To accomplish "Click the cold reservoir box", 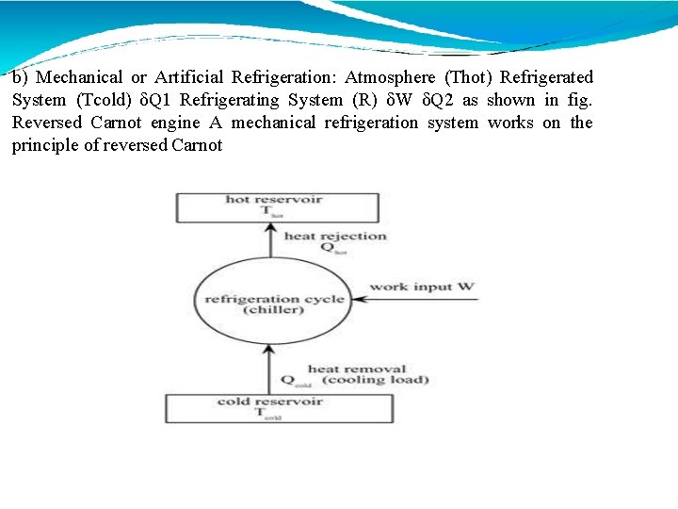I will point(280,407).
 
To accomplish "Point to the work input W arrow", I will point(414,301).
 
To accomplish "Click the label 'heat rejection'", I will point(335,236).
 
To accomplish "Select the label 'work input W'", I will point(422,287).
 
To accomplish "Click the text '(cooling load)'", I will point(375,380).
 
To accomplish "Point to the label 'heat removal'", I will point(357,369).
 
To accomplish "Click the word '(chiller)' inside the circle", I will point(273,310).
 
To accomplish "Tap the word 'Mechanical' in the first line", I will point(80,77).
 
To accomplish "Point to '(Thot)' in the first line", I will point(469,77).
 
